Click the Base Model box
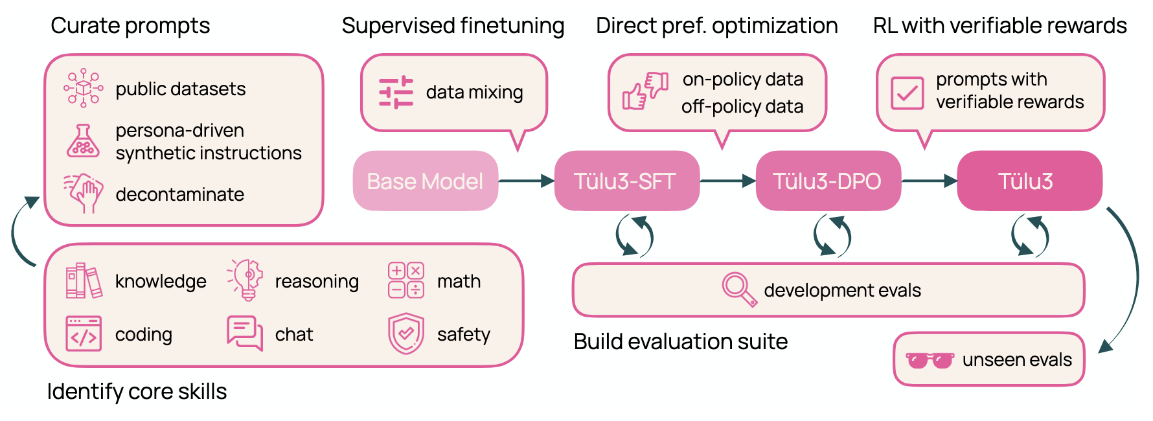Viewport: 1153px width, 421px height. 425,181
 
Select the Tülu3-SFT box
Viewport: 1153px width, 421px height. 626,181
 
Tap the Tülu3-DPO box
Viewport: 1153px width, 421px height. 828,181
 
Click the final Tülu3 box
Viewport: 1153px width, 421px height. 1029,181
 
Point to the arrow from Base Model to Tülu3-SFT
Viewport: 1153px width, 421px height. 526,181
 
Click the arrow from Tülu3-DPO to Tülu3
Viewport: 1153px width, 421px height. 929,181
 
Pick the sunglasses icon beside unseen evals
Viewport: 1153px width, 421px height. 930,360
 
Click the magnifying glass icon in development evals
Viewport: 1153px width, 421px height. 739,290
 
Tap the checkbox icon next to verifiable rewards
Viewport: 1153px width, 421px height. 907,93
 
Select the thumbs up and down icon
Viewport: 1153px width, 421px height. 645,91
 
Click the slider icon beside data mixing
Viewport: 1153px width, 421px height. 396,93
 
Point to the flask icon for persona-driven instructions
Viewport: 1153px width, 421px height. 83,141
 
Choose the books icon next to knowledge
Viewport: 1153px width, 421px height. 84,281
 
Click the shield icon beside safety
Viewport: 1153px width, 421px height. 405,334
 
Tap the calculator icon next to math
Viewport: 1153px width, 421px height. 405,280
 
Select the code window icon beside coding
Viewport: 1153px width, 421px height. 84,334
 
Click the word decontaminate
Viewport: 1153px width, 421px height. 179,194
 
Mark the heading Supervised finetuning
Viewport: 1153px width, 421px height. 453,26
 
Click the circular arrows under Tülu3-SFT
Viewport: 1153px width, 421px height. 635,236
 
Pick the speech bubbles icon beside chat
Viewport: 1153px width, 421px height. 244,333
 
